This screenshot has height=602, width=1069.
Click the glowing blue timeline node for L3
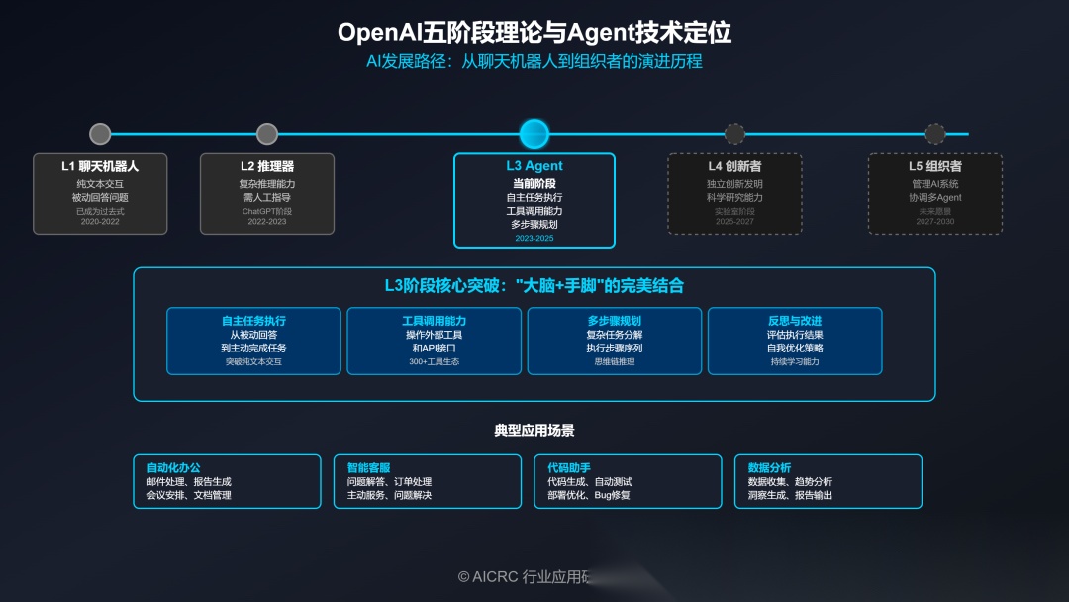point(534,134)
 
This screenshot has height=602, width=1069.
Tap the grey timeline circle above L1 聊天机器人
point(100,134)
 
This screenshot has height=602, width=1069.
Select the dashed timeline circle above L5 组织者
point(934,134)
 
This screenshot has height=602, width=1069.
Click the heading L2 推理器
point(267,166)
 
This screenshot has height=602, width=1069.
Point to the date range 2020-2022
point(100,222)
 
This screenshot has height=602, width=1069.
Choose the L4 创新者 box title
point(734,166)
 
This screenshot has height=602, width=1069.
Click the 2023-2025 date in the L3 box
point(534,239)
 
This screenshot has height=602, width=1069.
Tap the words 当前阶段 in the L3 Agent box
point(534,184)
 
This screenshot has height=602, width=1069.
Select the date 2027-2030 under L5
point(934,222)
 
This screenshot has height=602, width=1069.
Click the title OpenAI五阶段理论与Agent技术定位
point(534,33)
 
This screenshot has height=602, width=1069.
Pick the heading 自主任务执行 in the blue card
point(253,321)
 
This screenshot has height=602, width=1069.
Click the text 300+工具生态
point(434,362)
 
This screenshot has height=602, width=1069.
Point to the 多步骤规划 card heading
point(614,321)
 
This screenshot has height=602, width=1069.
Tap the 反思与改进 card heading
point(795,321)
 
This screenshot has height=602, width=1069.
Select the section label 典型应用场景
point(534,431)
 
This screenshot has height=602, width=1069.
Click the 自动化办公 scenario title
point(173,467)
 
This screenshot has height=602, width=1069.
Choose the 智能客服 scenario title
point(368,467)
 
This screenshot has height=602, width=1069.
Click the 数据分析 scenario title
point(769,467)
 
